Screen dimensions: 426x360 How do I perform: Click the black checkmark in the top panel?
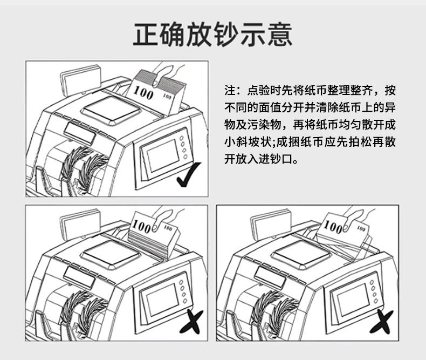(189, 174)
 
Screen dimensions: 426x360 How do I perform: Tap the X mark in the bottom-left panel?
(191, 322)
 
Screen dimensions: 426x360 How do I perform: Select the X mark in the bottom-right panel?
(381, 322)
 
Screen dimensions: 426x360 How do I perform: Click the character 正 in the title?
(146, 34)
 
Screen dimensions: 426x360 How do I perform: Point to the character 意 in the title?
(279, 34)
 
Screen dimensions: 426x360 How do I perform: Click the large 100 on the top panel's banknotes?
(143, 92)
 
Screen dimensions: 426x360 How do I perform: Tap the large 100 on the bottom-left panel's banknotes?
(141, 226)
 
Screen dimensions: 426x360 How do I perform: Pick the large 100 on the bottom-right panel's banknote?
(333, 227)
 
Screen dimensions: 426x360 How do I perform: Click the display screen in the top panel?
(163, 155)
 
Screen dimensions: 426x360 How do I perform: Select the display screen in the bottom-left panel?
(162, 300)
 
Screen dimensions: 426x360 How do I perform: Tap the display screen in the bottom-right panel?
(353, 300)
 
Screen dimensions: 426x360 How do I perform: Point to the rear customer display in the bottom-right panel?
(271, 224)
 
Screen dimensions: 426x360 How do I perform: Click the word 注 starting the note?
(230, 91)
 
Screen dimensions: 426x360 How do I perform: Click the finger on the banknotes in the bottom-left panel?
(161, 220)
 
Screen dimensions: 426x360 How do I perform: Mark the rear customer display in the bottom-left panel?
(80, 224)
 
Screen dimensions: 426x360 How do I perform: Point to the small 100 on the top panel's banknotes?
(167, 96)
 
